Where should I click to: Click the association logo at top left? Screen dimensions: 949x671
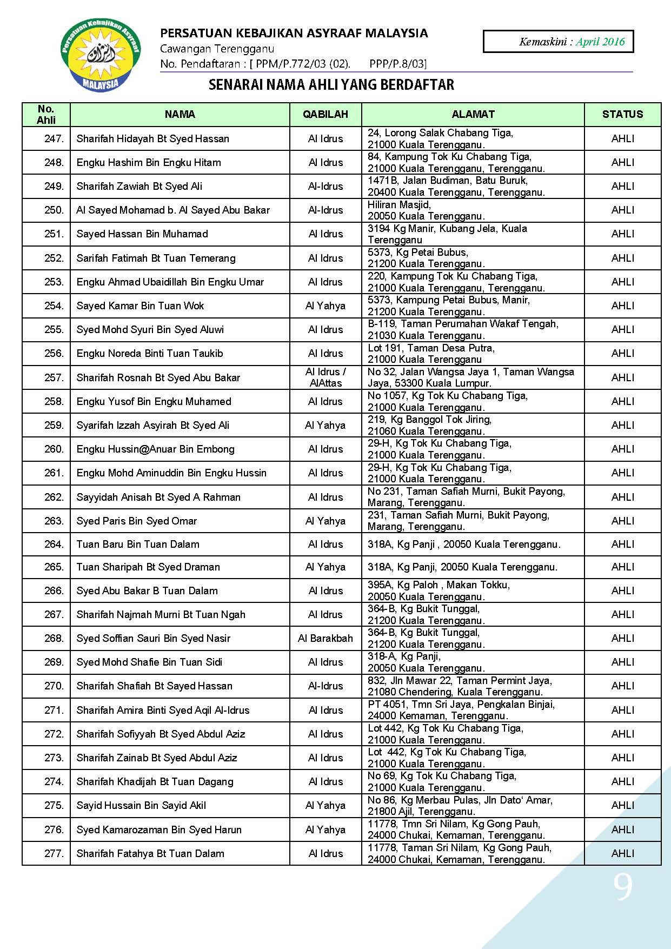(101, 56)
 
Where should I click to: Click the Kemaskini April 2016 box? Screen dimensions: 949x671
(557, 42)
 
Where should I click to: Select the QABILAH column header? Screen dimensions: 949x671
(325, 114)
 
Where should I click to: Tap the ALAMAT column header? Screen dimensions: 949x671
(473, 114)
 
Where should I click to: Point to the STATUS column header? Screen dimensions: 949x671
(622, 114)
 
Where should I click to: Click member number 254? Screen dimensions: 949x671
(54, 306)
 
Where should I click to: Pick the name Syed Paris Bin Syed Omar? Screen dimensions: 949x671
(137, 521)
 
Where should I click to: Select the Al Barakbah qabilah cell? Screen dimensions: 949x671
(325, 638)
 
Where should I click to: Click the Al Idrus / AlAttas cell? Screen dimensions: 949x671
(325, 377)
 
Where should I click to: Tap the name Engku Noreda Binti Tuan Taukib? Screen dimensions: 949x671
(150, 353)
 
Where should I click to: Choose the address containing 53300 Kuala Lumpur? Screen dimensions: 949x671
(470, 377)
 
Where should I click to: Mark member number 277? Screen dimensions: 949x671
(54, 853)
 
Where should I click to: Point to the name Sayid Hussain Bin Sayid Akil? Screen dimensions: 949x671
(141, 805)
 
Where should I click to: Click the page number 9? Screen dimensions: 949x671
(622, 887)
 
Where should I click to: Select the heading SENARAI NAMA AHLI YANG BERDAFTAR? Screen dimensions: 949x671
(331, 84)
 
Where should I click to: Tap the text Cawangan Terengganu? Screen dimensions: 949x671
(217, 49)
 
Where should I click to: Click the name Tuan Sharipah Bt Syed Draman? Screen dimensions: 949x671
(148, 567)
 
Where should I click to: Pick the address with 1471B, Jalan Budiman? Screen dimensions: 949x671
(456, 186)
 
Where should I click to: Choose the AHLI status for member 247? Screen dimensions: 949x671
(622, 138)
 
